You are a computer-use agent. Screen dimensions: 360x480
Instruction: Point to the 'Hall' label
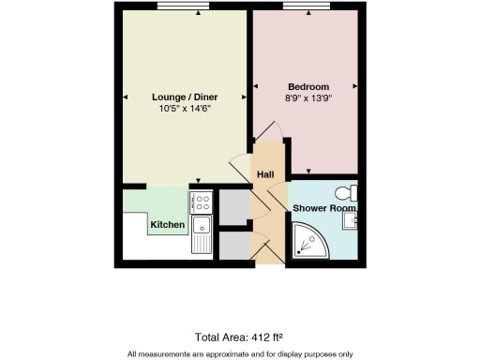coord(265,175)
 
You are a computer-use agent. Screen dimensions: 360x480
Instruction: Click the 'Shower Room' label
coord(323,207)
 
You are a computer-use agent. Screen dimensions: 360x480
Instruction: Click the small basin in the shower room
coord(351,220)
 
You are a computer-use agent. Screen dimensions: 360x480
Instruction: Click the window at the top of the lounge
coord(183,7)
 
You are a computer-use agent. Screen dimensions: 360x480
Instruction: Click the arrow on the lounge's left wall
coord(125,97)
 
